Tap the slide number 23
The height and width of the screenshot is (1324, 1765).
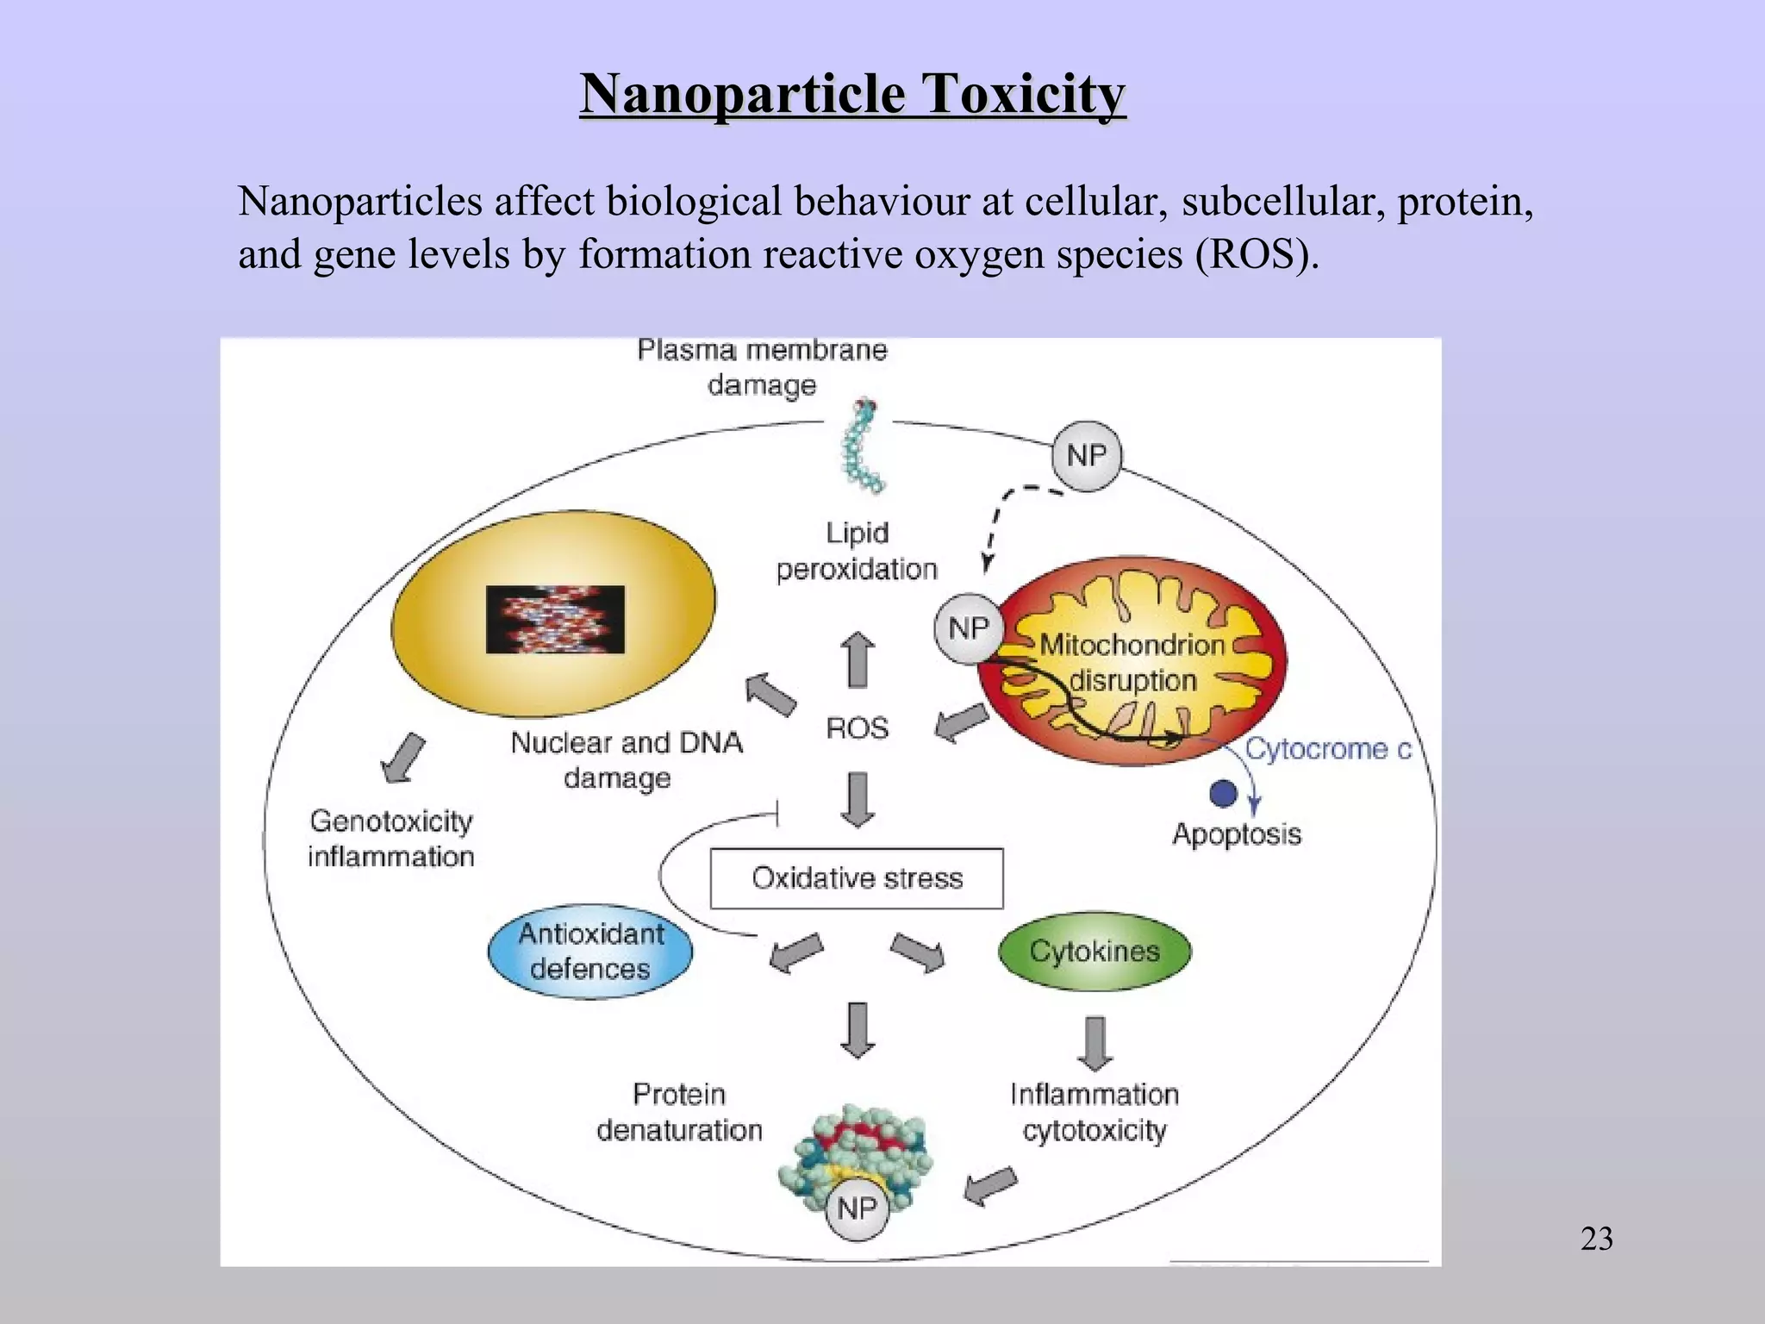coord(1596,1239)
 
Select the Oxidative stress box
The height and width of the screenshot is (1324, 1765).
coord(857,878)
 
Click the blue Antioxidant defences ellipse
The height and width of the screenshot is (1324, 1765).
coord(590,952)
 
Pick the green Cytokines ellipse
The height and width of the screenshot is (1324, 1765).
coord(1095,951)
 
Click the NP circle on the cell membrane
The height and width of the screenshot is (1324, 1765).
coord(1086,455)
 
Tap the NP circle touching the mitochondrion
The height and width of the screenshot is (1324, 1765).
coord(968,628)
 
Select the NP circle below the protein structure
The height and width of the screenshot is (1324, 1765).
coord(856,1208)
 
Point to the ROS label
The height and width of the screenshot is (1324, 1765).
coord(857,728)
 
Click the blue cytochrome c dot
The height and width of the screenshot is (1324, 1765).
coord(1223,793)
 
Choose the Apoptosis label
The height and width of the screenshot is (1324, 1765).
coord(1237,834)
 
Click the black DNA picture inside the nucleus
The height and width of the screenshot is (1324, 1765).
coord(555,619)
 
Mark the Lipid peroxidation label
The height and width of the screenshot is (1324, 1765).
coord(857,551)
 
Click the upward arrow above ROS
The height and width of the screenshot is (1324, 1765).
coord(858,660)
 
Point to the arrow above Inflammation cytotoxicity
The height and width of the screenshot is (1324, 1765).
coord(1095,1043)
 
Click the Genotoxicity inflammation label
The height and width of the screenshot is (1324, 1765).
coord(391,838)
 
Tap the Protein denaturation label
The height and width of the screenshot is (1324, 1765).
coord(679,1112)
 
